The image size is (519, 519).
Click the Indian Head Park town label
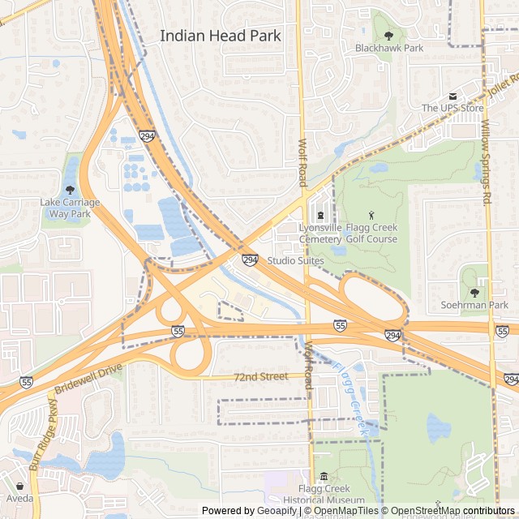pyautogui.click(x=221, y=36)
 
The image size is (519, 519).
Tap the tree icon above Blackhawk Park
pyautogui.click(x=388, y=35)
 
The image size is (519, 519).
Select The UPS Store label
pyautogui.click(x=452, y=108)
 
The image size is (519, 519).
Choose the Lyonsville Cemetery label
pyautogui.click(x=320, y=234)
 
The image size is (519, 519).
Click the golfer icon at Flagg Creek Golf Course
pyautogui.click(x=372, y=215)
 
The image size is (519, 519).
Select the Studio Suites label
pyautogui.click(x=295, y=260)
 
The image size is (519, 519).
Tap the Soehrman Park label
pyautogui.click(x=474, y=305)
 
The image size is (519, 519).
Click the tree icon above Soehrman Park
pyautogui.click(x=474, y=292)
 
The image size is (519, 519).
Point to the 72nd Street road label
pyautogui.click(x=260, y=377)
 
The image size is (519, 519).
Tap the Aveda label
pyautogui.click(x=20, y=497)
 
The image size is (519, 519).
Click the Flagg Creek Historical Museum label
pyautogui.click(x=324, y=495)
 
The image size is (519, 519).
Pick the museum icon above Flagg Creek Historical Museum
pyautogui.click(x=324, y=477)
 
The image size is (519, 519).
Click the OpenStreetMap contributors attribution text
pyautogui.click(x=453, y=511)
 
